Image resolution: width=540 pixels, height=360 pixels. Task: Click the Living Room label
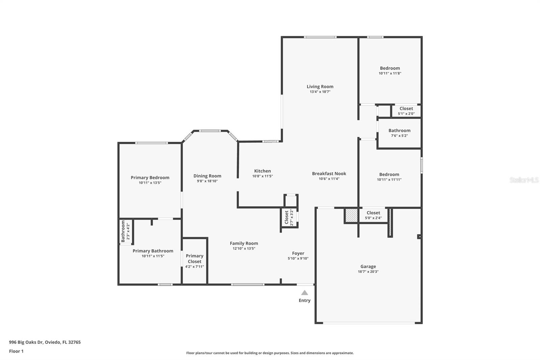pos(320,86)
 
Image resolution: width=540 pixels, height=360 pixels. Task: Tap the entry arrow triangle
pos(304,293)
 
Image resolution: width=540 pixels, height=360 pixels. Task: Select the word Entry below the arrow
pos(304,300)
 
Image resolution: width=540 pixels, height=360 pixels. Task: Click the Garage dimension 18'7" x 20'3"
pos(368,272)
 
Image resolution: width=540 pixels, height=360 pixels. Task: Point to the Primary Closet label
pos(194,258)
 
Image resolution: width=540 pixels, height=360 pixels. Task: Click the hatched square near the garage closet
pos(351,215)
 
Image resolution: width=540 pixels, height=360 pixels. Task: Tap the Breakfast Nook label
pos(329,174)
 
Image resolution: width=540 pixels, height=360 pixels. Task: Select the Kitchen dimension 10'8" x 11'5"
pos(262,176)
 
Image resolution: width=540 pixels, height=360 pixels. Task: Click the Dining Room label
pos(207,176)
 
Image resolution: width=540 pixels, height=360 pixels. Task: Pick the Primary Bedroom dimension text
pos(150,183)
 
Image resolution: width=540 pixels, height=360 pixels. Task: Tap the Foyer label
pos(298,253)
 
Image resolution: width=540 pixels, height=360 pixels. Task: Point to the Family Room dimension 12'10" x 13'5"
pos(244,248)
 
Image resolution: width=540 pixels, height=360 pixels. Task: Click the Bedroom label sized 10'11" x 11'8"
pos(390,68)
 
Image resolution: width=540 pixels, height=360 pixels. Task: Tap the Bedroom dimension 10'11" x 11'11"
pos(389,179)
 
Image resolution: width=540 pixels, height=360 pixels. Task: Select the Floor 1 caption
pos(16,351)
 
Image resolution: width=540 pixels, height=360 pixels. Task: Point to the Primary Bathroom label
pos(153,251)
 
